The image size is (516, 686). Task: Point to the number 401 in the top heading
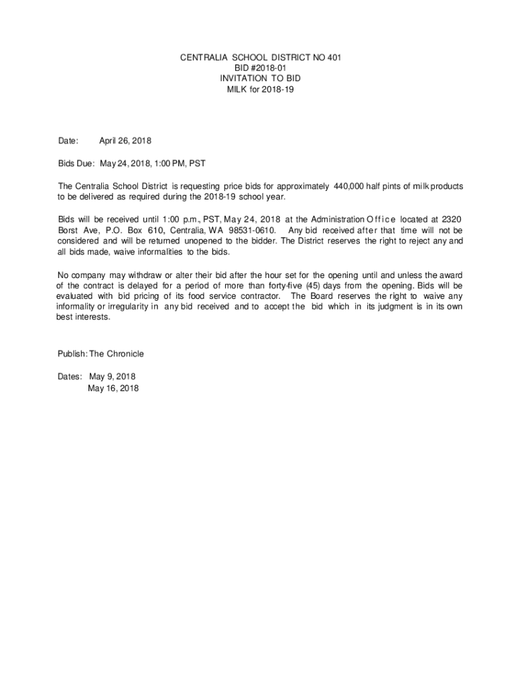tap(334, 58)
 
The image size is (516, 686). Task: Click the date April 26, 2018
tap(125, 141)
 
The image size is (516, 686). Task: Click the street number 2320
tap(448, 219)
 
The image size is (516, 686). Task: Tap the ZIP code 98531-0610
tap(253, 230)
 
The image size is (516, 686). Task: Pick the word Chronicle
tap(123, 354)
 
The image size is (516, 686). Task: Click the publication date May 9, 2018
tap(113, 376)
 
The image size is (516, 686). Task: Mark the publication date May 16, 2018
tap(113, 388)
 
